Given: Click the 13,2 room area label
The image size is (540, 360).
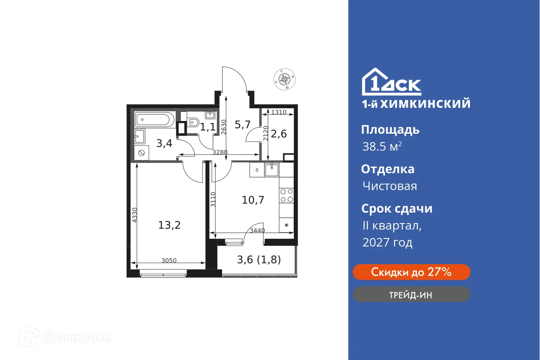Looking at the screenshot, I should pyautogui.click(x=169, y=225).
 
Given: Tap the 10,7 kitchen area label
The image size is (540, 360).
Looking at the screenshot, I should pyautogui.click(x=253, y=199).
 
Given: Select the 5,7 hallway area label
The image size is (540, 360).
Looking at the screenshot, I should pyautogui.click(x=242, y=124).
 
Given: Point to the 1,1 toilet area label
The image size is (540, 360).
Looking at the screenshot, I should pyautogui.click(x=208, y=128).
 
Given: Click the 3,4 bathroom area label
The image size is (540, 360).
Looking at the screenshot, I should pyautogui.click(x=164, y=143).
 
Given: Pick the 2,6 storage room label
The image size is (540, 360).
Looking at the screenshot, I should pyautogui.click(x=279, y=134).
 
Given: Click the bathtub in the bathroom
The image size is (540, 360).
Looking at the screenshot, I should pyautogui.click(x=155, y=120).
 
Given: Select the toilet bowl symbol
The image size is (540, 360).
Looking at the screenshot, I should pyautogui.click(x=194, y=121).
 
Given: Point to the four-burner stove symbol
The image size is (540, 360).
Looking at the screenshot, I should pyautogui.click(x=286, y=196).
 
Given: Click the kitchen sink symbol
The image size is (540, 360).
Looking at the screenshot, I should pyautogui.click(x=272, y=169).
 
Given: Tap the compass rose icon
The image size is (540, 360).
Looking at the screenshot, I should pyautogui.click(x=285, y=79).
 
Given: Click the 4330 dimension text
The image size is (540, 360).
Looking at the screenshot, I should pyautogui.click(x=134, y=215).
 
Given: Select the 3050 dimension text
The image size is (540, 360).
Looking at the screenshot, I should pyautogui.click(x=169, y=261).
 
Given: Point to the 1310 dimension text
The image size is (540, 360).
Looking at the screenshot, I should pyautogui.click(x=278, y=112).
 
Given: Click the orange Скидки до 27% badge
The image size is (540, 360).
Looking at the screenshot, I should pyautogui.click(x=411, y=272).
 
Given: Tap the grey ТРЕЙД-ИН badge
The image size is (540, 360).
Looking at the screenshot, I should pyautogui.click(x=411, y=294).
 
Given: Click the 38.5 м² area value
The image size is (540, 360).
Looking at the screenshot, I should pyautogui.click(x=382, y=147).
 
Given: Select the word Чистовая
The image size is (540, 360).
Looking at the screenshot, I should pyautogui.click(x=389, y=186).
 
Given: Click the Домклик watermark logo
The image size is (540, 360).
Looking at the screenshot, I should pyautogui.click(x=66, y=337).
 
